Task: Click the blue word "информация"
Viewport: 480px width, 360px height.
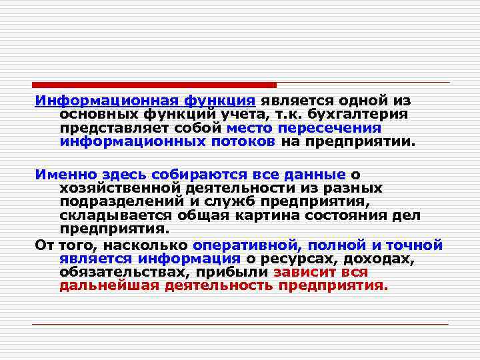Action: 189,259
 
